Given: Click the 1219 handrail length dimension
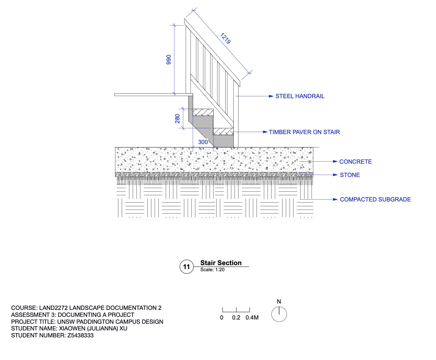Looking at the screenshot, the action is (226, 38).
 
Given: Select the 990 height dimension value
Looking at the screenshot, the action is (169, 59).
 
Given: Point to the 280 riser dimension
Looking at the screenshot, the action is (178, 118).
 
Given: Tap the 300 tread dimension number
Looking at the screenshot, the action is (203, 142).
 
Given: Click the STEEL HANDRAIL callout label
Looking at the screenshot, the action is (300, 96).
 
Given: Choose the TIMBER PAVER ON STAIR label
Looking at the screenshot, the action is (304, 132).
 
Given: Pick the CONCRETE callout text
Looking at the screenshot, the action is (355, 162).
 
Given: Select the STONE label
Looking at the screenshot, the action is (350, 175).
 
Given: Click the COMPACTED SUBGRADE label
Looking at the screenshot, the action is (375, 199).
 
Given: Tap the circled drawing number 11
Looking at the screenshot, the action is (187, 267).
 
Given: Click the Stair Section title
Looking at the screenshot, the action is (221, 263).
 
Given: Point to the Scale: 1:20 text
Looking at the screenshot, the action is (212, 270).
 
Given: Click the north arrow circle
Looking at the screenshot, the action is (279, 314).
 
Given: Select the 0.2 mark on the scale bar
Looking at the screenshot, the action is (236, 318).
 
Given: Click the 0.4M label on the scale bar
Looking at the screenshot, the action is (252, 318).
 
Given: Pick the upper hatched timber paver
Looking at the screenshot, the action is (203, 112).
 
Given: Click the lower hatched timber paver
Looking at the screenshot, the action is (223, 131).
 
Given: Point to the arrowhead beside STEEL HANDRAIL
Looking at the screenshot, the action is (271, 96).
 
